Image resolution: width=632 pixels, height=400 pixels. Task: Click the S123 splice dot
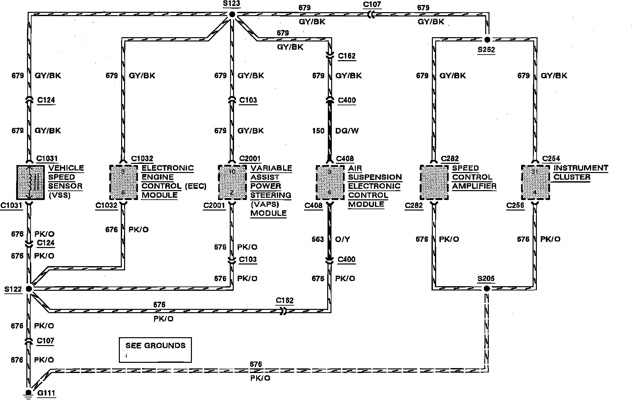click(232, 14)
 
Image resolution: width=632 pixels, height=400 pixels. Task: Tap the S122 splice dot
click(29, 289)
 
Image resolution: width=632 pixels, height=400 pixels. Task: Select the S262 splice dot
click(487, 40)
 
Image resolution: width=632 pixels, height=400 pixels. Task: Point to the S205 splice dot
click(487, 288)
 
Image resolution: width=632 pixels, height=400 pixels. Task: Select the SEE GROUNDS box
click(155, 350)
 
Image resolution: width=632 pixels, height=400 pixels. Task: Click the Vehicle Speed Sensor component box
click(30, 182)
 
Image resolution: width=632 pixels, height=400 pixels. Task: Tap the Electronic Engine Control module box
click(123, 182)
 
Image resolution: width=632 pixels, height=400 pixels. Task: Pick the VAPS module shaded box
click(232, 182)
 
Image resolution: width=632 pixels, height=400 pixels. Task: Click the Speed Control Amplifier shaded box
click(434, 182)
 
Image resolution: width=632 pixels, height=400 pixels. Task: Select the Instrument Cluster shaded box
click(536, 182)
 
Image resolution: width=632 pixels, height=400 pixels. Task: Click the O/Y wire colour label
click(342, 239)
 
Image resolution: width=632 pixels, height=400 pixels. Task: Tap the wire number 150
click(318, 131)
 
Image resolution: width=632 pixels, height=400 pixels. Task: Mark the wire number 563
click(318, 239)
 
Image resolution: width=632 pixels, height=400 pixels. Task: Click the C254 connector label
click(551, 159)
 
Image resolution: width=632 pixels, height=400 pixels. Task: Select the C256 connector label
click(515, 206)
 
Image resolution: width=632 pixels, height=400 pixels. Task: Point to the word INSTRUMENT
click(581, 168)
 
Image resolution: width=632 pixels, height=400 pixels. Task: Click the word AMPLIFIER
click(474, 186)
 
